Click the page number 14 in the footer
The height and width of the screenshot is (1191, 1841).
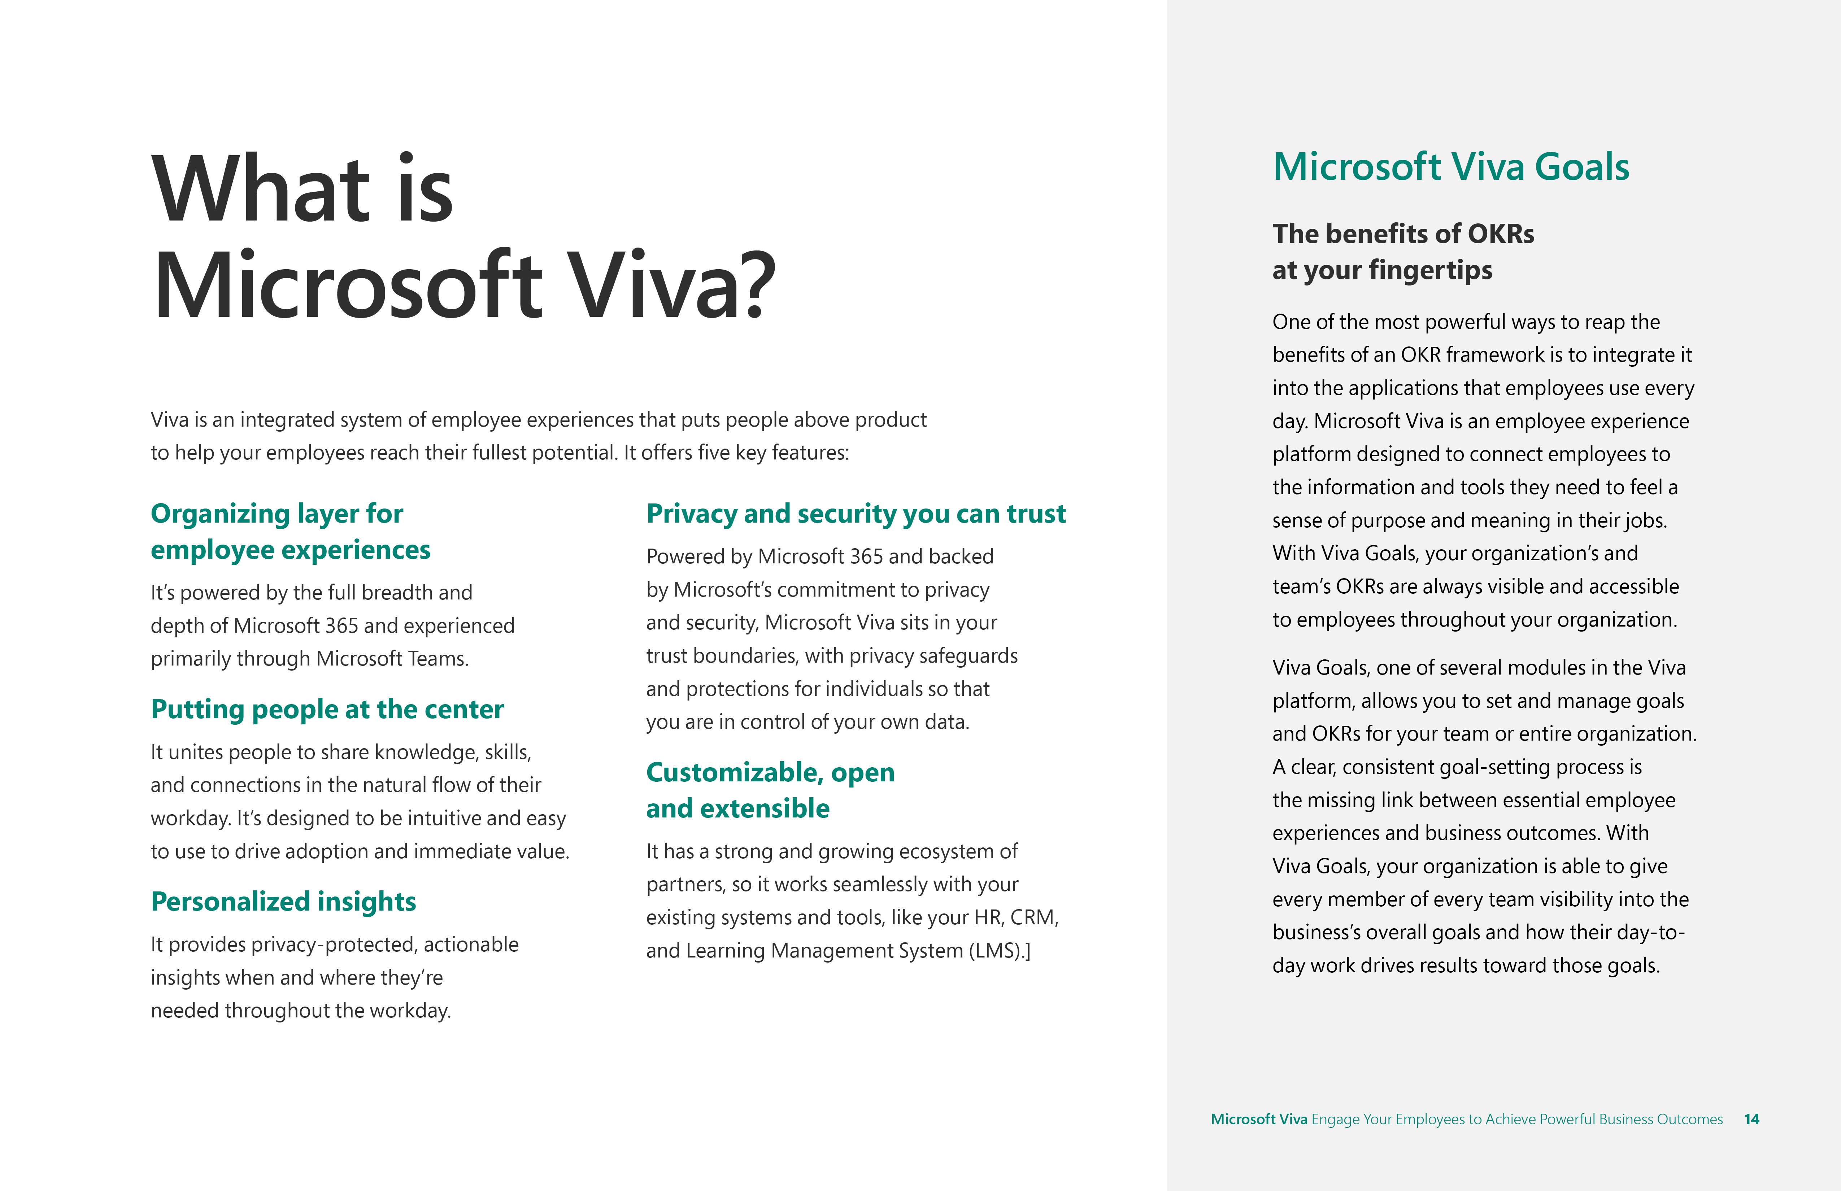point(1751,1119)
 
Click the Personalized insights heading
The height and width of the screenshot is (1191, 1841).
point(283,902)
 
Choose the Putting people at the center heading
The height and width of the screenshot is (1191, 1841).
point(327,709)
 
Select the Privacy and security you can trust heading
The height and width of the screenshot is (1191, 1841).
point(856,514)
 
